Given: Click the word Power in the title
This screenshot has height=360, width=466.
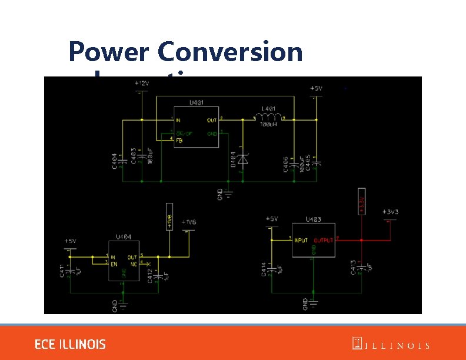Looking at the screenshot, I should pos(109,53).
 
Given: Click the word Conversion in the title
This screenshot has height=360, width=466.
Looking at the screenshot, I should pos(230,53).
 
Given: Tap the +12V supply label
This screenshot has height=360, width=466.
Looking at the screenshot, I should pos(142,84).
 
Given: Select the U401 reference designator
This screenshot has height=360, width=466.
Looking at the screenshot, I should pos(197,102).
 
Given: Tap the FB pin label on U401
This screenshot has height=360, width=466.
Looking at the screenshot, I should pos(179,139).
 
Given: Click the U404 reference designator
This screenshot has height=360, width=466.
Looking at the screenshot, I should pos(123,237).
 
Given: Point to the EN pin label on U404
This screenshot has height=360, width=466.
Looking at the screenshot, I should pos(114,262).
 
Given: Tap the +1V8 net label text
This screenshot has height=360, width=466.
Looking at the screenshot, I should pos(189,222).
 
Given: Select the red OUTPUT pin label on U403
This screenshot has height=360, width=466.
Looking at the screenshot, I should pos(324,240).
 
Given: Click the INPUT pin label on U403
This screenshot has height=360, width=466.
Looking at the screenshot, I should pos(301,240).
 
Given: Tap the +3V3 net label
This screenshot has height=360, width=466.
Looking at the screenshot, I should pos(390,211).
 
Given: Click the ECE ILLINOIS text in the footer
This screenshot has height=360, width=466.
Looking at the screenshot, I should pos(70,344).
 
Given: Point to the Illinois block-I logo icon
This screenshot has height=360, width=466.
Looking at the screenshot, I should pos(357,344).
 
